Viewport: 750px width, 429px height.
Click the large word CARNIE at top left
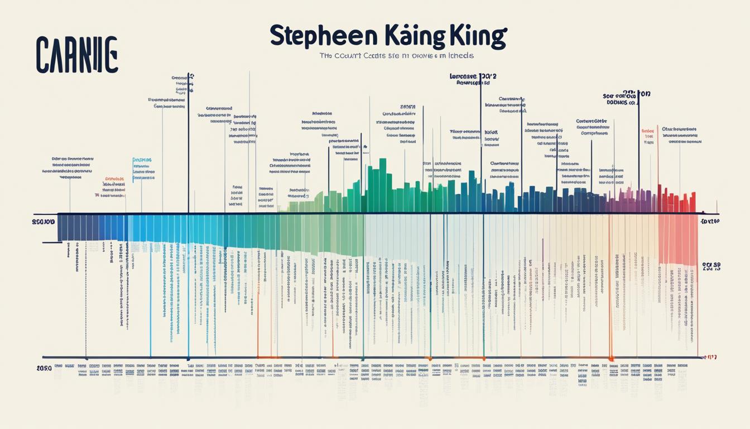click(x=76, y=55)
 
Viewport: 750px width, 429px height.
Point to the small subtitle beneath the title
click(x=396, y=56)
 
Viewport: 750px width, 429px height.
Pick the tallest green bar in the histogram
click(x=383, y=184)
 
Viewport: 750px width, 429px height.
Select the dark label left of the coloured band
click(x=44, y=222)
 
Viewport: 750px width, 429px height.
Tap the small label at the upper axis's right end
click(x=709, y=222)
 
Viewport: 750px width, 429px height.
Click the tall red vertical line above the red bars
click(x=658, y=168)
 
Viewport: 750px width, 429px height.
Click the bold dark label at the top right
click(x=627, y=98)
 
